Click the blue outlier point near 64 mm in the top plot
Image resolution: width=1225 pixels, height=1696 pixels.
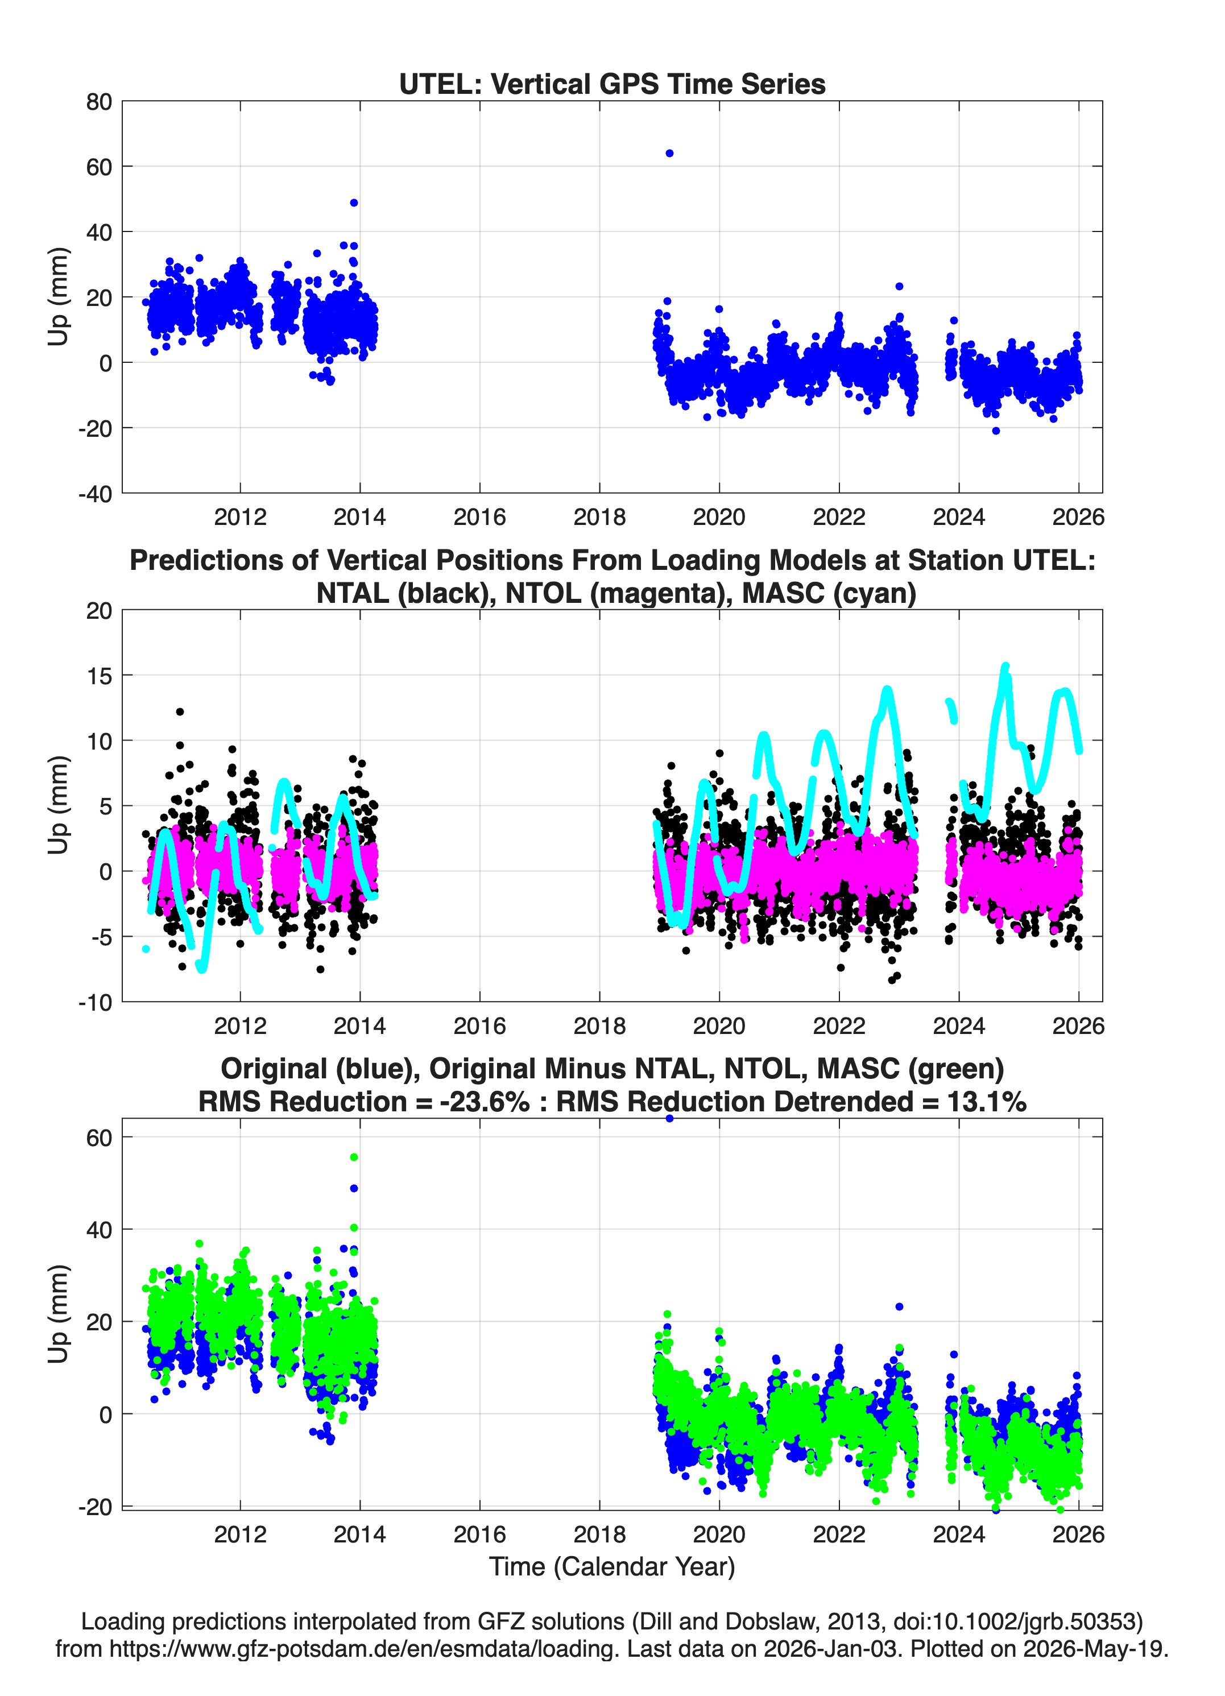[x=669, y=154]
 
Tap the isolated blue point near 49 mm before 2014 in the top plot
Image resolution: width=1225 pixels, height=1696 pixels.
[x=354, y=202]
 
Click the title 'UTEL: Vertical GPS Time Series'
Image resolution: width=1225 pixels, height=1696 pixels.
[x=612, y=84]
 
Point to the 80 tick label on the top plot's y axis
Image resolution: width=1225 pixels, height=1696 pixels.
[x=99, y=102]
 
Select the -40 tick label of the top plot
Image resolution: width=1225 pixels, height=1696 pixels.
[x=95, y=494]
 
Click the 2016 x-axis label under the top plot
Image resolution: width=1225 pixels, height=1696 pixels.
[x=479, y=517]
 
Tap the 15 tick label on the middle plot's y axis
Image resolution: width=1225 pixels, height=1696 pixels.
[x=99, y=676]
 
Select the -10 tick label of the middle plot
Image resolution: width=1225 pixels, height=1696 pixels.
[x=95, y=1002]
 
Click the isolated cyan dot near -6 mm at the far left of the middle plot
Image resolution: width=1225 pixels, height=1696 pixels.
[x=146, y=949]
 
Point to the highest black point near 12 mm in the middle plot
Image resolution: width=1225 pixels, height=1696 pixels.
[x=180, y=712]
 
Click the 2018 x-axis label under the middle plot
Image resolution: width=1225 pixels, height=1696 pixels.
[x=599, y=1025]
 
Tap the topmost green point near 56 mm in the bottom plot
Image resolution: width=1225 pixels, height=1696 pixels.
[x=354, y=1157]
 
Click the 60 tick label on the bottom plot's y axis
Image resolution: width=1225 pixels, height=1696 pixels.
[x=99, y=1137]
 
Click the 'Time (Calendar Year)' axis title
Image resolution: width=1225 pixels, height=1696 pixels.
[x=612, y=1566]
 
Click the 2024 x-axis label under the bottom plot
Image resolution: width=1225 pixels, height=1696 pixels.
[x=959, y=1534]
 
